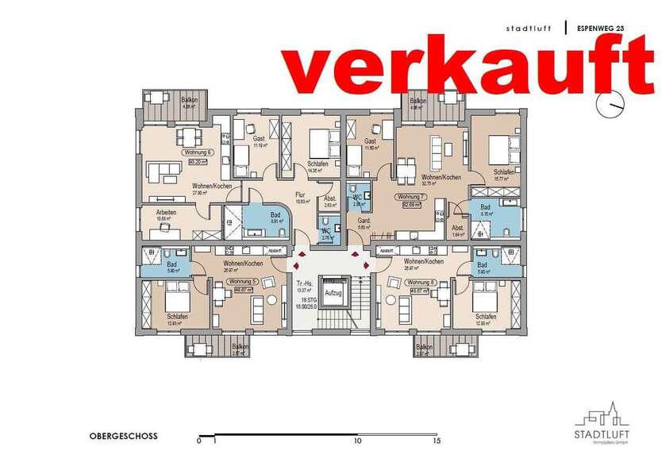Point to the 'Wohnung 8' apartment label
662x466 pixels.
pyautogui.click(x=420, y=281)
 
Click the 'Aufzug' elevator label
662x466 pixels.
pyautogui.click(x=333, y=293)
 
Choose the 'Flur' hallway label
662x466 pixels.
pyautogui.click(x=300, y=194)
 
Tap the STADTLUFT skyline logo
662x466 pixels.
pyautogui.click(x=598, y=419)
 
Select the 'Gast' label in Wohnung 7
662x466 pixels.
pyautogui.click(x=369, y=140)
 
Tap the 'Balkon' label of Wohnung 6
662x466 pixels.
pyautogui.click(x=189, y=100)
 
